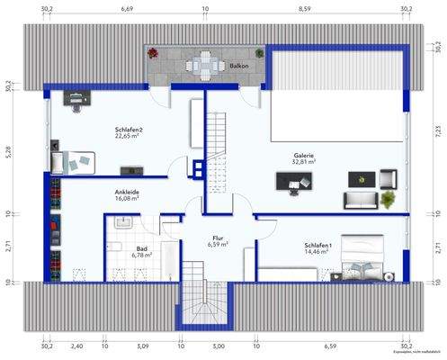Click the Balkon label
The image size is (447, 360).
[239, 67]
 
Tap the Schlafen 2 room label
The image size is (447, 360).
[130, 130]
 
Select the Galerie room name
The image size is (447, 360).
[303, 156]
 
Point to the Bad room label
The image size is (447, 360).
[141, 247]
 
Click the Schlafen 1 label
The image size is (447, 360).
[317, 246]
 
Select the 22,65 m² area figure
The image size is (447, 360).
[130, 137]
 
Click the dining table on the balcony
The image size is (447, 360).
[203, 65]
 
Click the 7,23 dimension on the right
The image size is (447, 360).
[438, 131]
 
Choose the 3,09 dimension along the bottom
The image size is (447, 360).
[141, 346]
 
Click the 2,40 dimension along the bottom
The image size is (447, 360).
[77, 346]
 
